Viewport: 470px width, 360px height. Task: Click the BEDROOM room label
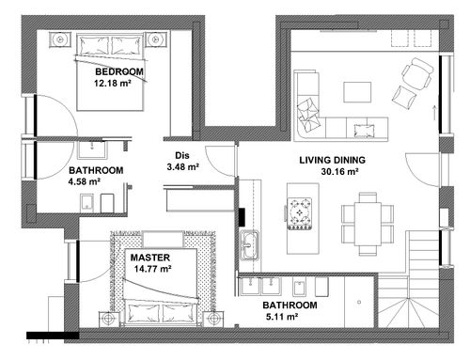[x=119, y=71]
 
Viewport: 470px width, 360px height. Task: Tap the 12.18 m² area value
[x=112, y=84]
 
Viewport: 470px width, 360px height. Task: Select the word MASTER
[x=150, y=258]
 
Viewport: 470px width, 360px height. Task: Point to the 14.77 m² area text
[x=152, y=269]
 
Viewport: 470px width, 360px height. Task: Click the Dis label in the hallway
[x=182, y=155]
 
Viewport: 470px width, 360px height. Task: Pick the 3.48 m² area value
[x=183, y=167]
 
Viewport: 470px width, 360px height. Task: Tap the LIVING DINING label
[x=332, y=160]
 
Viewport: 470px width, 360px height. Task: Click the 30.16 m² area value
[x=339, y=172]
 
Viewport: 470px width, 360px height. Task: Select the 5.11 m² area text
[x=282, y=317]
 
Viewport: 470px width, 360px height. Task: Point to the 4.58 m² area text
[x=85, y=181]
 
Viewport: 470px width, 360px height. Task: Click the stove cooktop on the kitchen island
[x=300, y=213]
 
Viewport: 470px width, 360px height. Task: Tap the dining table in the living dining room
[x=368, y=224]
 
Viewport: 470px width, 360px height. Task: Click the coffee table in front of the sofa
[x=357, y=92]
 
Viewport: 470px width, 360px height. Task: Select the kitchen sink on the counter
[x=249, y=245]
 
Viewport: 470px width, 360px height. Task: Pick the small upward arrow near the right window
[x=434, y=113]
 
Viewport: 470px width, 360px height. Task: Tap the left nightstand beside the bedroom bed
[x=60, y=39]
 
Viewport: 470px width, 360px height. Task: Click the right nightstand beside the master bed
[x=213, y=320]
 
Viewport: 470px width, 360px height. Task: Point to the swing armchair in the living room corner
[x=417, y=74]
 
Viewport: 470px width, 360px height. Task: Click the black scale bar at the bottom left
[x=53, y=336]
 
